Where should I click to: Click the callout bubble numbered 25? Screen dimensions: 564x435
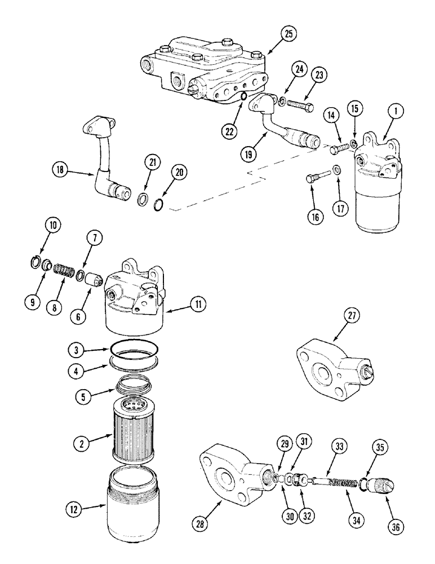point(288,33)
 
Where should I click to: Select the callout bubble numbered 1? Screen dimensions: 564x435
point(397,112)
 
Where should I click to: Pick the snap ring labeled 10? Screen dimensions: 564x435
point(35,262)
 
